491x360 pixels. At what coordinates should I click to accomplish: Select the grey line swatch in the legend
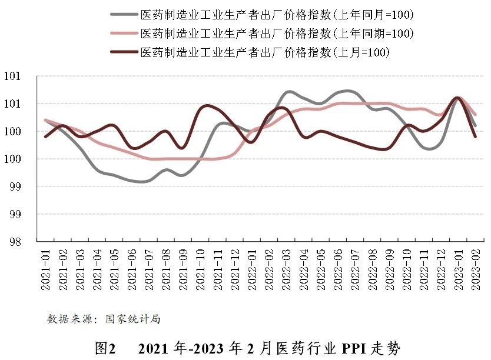[x=124, y=14]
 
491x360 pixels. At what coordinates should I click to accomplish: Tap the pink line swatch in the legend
[x=124, y=34]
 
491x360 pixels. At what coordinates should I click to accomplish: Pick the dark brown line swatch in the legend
[x=124, y=52]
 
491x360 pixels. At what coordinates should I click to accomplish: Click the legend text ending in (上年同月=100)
[x=277, y=14]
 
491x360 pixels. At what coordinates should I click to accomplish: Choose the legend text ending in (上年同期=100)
[x=277, y=34]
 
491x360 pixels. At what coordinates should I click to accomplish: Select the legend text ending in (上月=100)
[x=266, y=52]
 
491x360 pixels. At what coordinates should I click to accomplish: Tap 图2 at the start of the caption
[x=104, y=348]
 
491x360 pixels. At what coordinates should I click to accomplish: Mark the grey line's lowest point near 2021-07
[x=141, y=182]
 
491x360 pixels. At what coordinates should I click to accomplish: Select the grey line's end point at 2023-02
[x=475, y=126]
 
